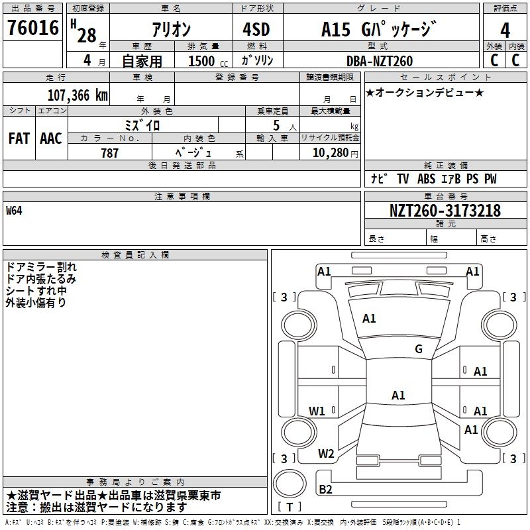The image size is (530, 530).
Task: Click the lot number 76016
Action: [33, 27]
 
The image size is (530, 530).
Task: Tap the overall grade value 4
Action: [505, 30]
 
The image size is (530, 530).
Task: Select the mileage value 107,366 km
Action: [78, 95]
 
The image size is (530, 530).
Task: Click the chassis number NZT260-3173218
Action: [445, 211]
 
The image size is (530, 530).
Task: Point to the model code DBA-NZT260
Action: [380, 61]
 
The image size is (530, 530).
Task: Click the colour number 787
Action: [109, 153]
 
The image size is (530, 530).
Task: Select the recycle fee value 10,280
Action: [330, 153]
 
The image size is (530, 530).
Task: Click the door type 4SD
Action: [256, 29]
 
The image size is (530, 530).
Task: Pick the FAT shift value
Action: [19, 138]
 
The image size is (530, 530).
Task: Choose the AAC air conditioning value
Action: [51, 138]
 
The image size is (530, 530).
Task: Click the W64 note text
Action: [14, 211]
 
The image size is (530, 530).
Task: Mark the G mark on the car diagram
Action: [419, 348]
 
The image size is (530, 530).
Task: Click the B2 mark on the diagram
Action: [325, 489]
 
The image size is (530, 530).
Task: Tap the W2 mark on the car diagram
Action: [326, 454]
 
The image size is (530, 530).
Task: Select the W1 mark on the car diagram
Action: [317, 411]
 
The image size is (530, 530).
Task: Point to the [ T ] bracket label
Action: [290, 507]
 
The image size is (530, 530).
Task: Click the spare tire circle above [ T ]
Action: [290, 484]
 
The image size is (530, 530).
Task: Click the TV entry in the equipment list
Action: [403, 178]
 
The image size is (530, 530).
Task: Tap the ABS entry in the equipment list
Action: [426, 178]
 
